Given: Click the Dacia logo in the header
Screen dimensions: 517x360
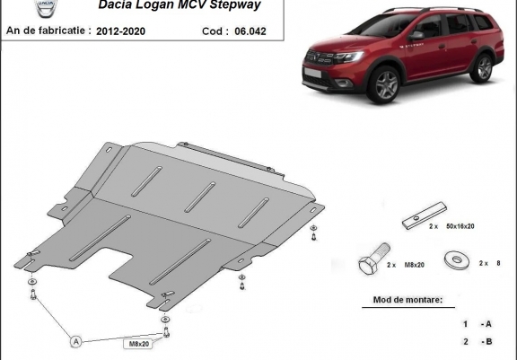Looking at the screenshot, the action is point(46,8).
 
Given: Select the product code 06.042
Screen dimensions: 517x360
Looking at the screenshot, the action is point(250,31).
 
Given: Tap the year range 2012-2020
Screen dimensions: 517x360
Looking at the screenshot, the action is point(120,31).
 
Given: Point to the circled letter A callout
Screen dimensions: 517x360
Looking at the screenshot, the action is point(76,341).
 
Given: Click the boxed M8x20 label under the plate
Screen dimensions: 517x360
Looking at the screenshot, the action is point(139,344).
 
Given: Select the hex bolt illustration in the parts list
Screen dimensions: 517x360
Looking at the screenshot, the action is point(374,259).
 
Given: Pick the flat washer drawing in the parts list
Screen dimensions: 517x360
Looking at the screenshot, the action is point(457,260).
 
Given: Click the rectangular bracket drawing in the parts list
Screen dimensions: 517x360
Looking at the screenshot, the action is point(425,215).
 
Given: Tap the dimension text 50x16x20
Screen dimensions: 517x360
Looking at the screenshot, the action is point(460,226).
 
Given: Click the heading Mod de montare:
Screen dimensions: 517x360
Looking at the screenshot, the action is point(407,300).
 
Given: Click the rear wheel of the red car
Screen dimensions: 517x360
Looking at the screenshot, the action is point(483,68).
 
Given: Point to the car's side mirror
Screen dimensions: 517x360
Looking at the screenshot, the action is point(416,36).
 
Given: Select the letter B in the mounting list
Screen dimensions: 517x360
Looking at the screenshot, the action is point(488,341).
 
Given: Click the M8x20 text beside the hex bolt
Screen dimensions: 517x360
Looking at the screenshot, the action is point(415,265).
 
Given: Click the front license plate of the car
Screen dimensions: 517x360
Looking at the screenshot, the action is point(312,73).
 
